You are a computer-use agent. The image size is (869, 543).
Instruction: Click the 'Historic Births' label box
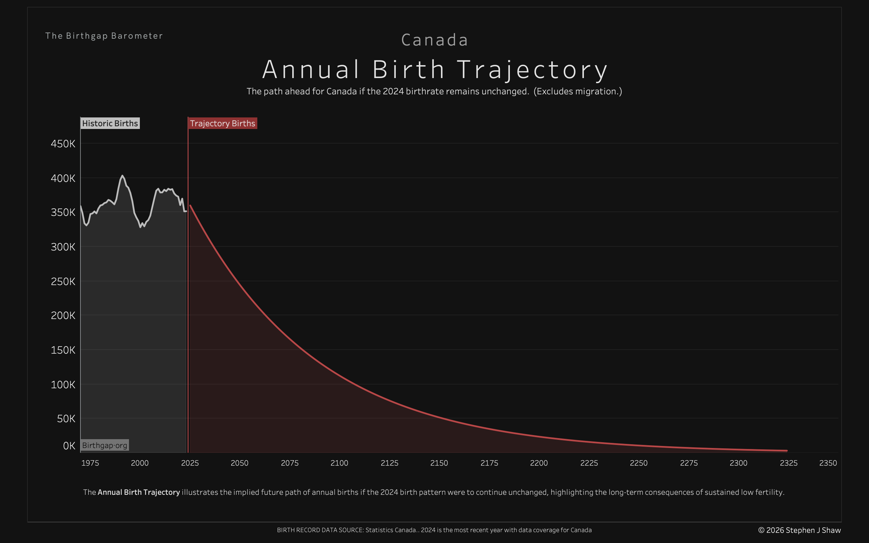[110, 123]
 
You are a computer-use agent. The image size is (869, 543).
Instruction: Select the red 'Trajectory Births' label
[222, 123]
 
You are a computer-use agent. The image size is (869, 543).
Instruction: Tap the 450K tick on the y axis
[63, 144]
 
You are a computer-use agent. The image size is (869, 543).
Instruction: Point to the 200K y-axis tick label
[63, 315]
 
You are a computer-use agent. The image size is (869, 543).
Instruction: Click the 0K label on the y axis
[69, 446]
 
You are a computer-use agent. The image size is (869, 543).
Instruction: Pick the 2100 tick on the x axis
[339, 463]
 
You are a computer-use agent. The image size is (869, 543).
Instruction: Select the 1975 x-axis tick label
[90, 463]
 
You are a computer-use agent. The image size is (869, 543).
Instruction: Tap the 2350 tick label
[828, 463]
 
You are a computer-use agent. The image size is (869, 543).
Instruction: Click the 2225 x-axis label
[589, 463]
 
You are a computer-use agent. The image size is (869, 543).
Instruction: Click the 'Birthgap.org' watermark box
[105, 445]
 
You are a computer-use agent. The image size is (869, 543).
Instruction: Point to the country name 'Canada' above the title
[434, 40]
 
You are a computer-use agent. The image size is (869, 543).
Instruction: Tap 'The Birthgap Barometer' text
[104, 36]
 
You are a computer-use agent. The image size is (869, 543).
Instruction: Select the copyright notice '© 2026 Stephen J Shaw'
[799, 530]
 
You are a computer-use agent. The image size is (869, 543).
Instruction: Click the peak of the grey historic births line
[122, 176]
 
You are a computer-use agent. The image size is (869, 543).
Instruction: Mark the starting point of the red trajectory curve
[190, 205]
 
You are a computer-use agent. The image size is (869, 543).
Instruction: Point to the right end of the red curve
[787, 450]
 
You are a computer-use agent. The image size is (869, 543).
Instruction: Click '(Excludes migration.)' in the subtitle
[577, 91]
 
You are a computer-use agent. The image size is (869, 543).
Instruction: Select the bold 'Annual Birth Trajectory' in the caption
[138, 492]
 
